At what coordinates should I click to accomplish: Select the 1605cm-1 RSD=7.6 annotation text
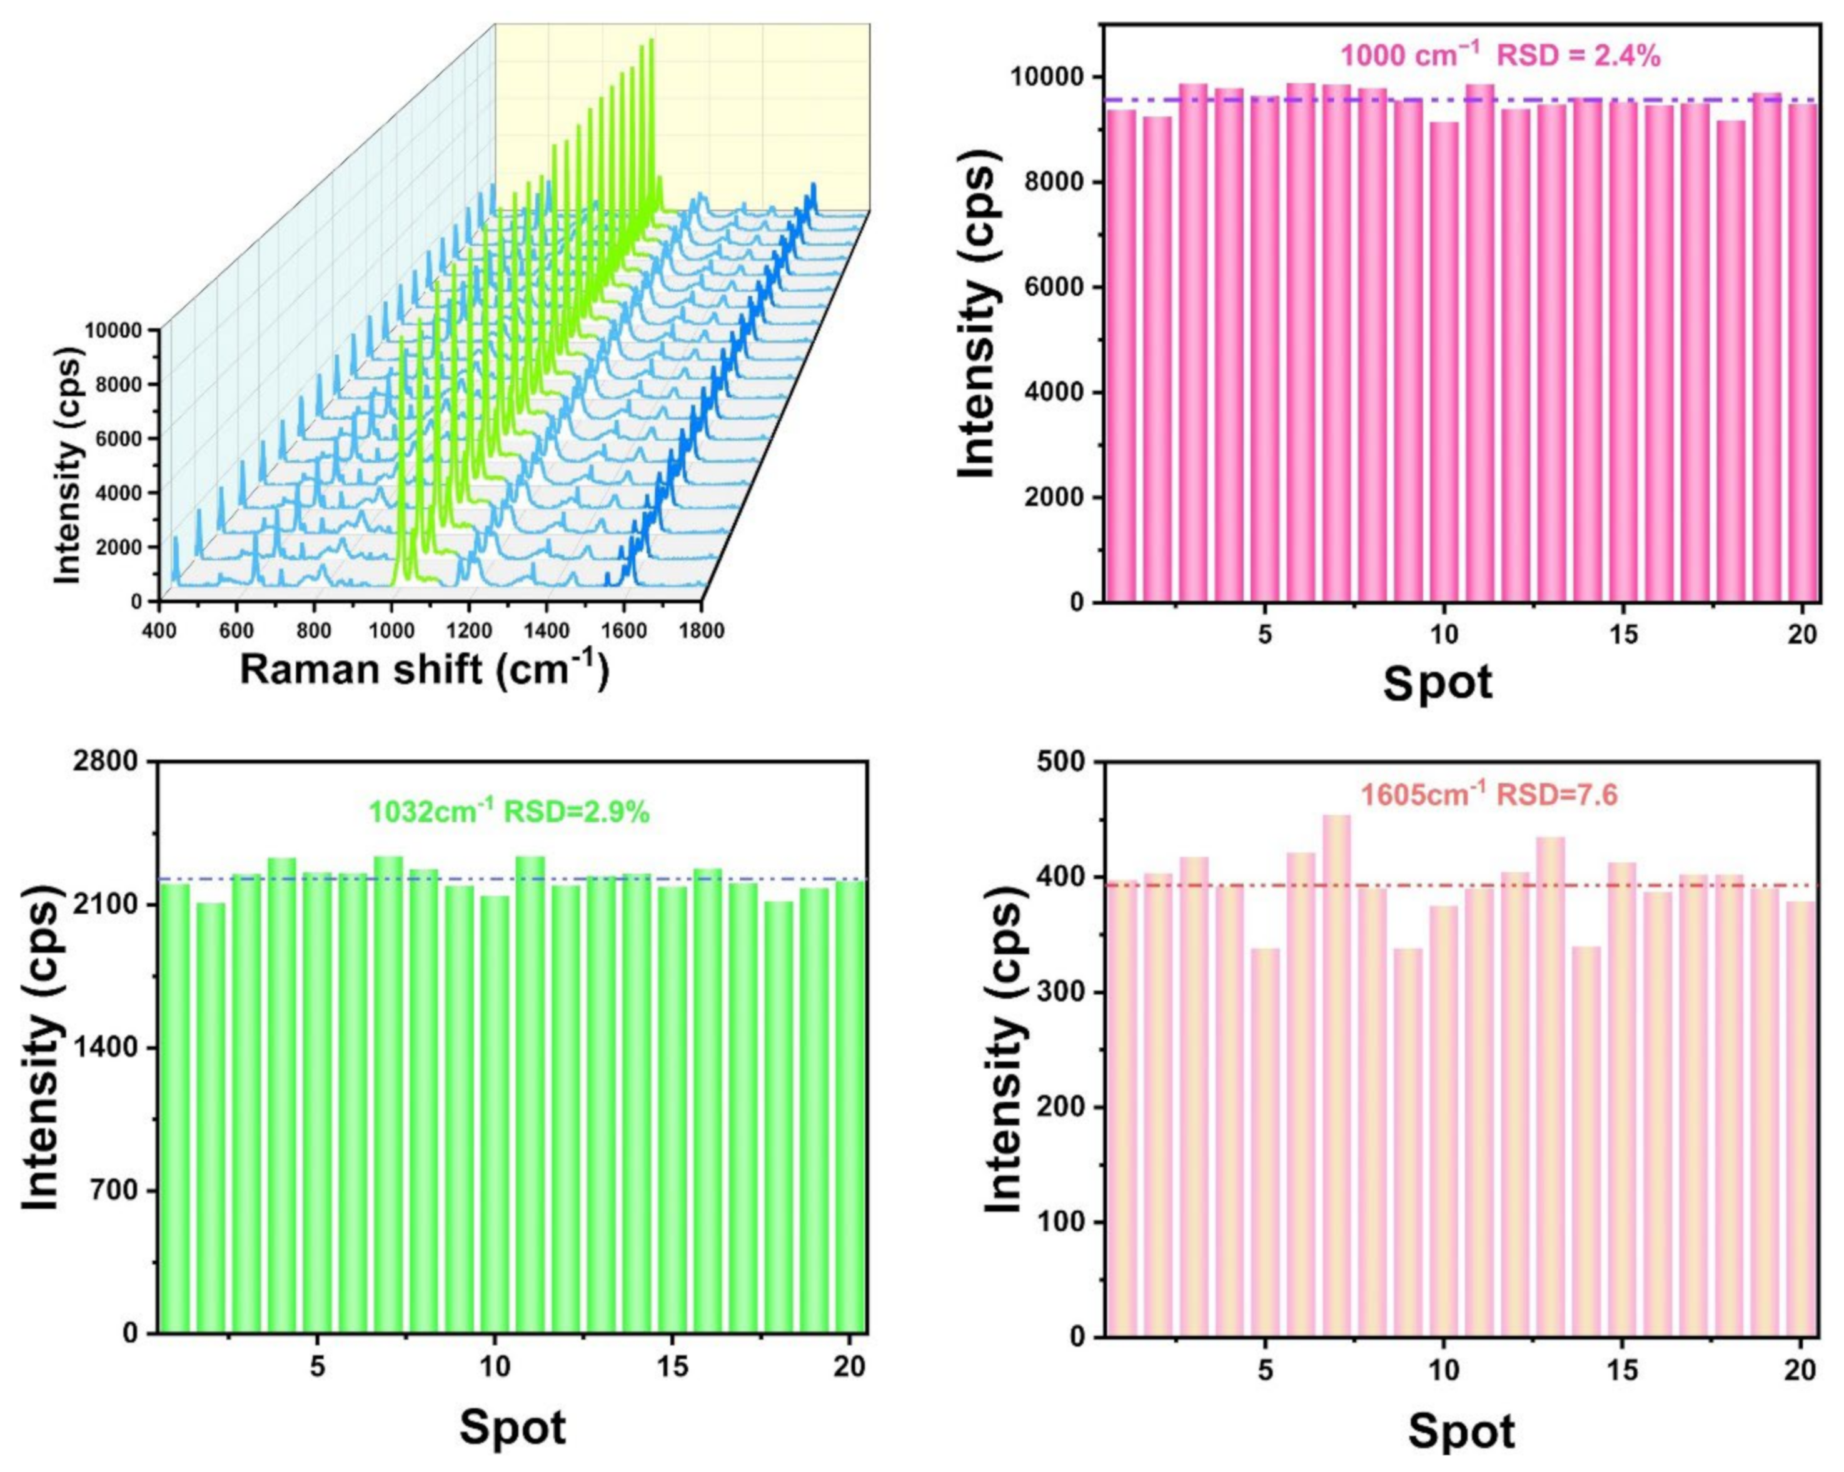pyautogui.click(x=1489, y=795)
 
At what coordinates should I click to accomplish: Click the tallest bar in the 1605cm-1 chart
pyautogui.click(x=1336, y=1069)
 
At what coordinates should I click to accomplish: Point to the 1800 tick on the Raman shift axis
pyautogui.click(x=702, y=631)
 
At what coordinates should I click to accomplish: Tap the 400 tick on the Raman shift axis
pyautogui.click(x=159, y=631)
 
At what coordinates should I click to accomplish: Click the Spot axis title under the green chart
pyautogui.click(x=512, y=1427)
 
